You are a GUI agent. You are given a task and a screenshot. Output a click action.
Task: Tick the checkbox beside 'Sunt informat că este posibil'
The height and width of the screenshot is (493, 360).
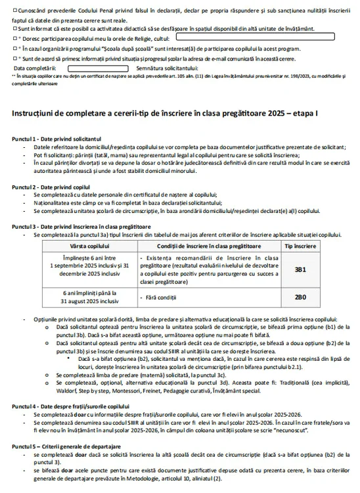point(15,30)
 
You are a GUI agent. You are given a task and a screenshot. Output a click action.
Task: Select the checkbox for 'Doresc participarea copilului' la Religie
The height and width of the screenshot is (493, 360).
point(15,39)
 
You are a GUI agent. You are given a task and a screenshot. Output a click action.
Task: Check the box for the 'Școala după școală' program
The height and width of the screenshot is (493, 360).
point(15,49)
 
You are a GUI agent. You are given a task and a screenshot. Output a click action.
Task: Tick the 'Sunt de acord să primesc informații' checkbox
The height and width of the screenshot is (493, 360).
point(15,59)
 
